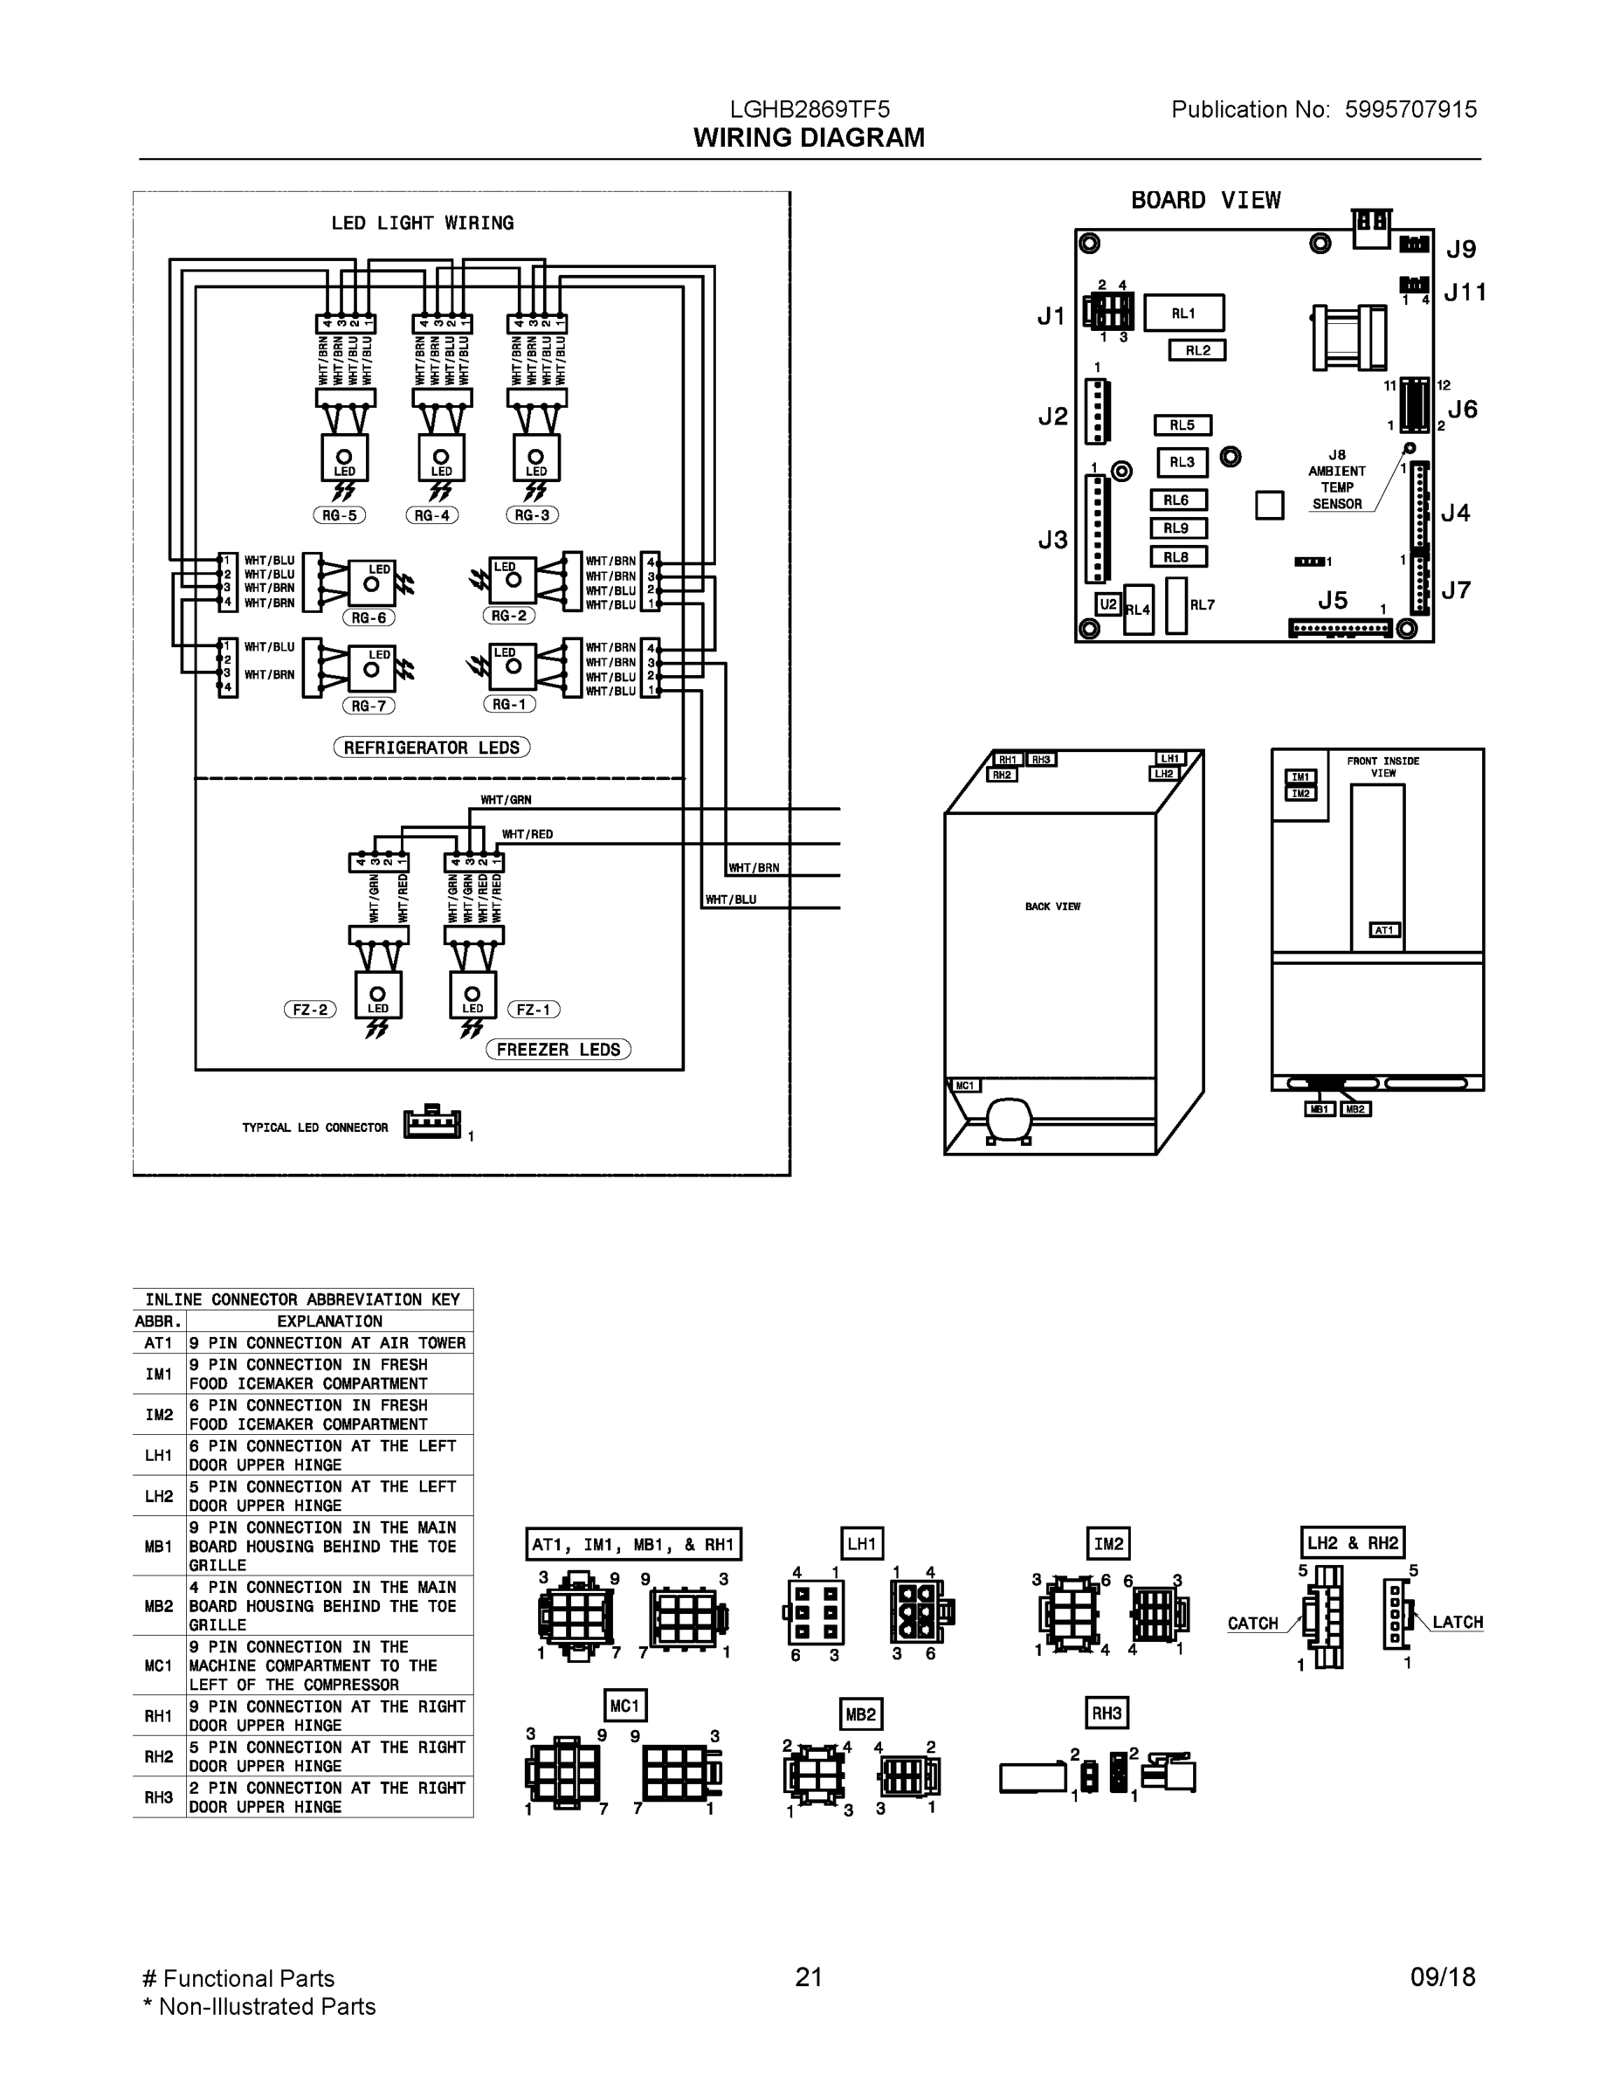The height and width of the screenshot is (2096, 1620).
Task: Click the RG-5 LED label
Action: point(339,515)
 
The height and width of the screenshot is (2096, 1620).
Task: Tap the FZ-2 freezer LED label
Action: point(310,1010)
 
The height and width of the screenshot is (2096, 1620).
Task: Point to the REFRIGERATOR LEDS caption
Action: point(432,748)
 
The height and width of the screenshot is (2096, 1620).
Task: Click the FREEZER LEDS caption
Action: point(559,1050)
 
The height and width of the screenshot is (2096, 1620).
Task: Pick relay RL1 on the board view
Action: point(1183,313)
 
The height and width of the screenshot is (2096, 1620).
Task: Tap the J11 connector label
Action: point(1465,293)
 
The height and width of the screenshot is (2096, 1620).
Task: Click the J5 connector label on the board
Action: point(1332,601)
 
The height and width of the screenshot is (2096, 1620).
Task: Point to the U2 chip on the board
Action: point(1108,604)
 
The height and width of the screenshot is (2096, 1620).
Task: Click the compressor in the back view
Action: point(1008,1117)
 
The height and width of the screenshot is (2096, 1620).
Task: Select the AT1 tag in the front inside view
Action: point(1384,930)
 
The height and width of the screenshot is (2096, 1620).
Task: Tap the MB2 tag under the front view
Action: point(1355,1109)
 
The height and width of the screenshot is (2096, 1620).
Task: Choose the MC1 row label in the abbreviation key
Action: point(158,1665)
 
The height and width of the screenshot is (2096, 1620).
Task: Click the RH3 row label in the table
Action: point(158,1797)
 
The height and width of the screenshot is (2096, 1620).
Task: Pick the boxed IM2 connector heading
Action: point(1108,1544)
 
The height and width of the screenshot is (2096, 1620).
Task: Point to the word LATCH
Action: point(1457,1623)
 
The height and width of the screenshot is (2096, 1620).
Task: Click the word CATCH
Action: point(1252,1624)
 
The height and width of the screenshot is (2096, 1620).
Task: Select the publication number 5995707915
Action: point(1410,109)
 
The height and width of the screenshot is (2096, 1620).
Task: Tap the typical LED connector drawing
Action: point(432,1123)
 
